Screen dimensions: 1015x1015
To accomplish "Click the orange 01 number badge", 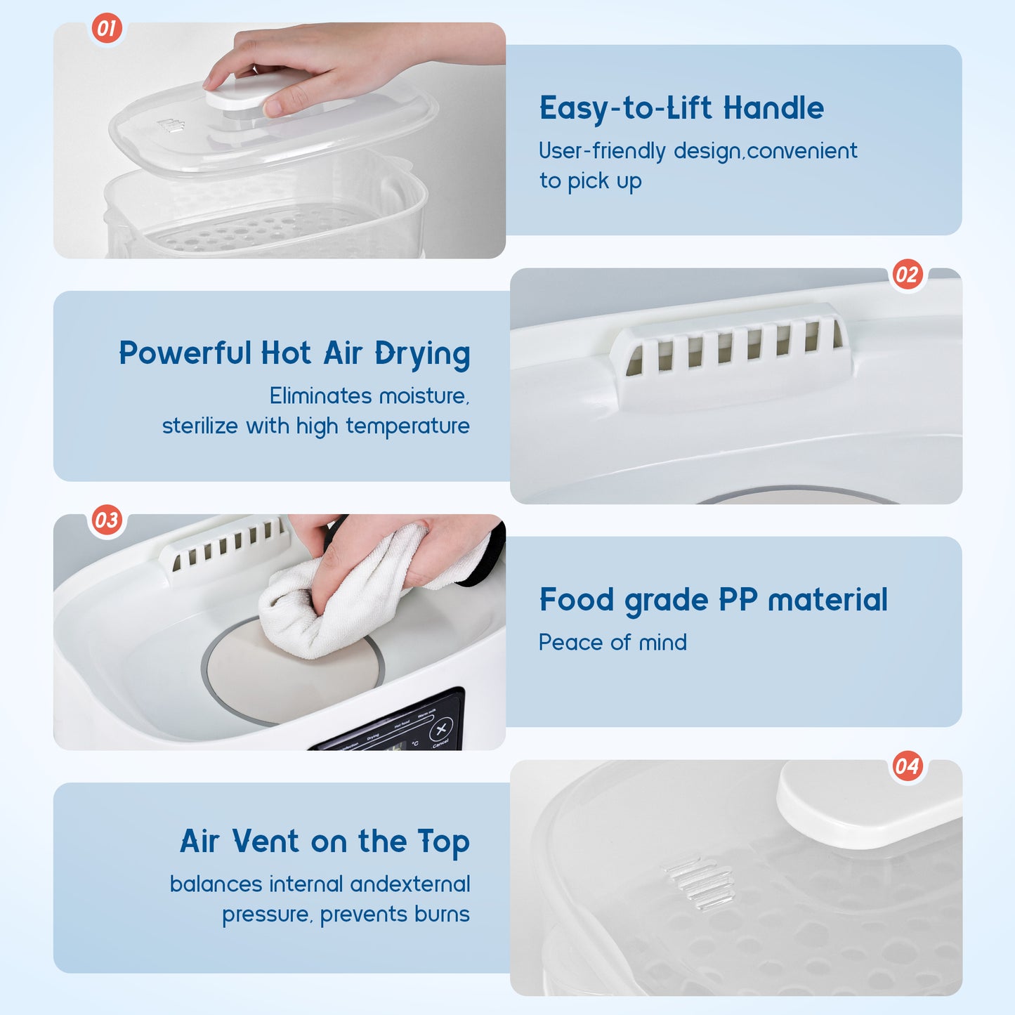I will [107, 29].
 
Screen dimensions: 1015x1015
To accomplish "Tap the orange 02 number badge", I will [907, 274].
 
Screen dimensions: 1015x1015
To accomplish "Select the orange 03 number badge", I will [107, 520].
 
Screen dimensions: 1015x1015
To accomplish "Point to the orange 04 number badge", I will [907, 766].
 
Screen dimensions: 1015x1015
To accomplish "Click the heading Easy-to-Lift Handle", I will [681, 109].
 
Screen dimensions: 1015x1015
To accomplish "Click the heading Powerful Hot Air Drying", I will [294, 354].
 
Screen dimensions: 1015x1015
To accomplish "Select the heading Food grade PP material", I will [713, 601].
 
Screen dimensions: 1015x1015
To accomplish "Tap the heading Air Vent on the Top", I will [325, 842].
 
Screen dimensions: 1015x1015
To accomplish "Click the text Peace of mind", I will [613, 643].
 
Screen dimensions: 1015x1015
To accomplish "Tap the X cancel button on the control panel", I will [441, 729].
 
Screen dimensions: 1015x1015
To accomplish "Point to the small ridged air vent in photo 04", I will [699, 882].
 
